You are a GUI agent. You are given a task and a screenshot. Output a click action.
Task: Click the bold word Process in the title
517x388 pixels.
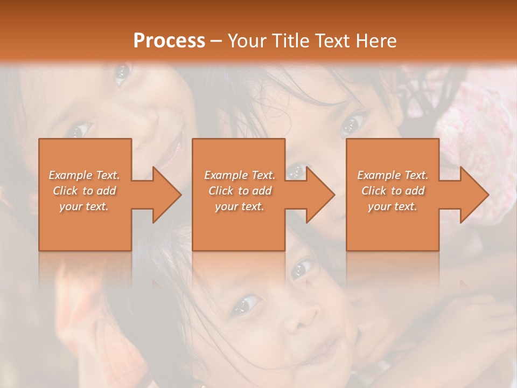(x=169, y=41)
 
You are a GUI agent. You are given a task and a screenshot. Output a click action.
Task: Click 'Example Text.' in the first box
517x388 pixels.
(x=84, y=175)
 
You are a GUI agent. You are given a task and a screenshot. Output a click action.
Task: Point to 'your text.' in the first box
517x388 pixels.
(x=84, y=206)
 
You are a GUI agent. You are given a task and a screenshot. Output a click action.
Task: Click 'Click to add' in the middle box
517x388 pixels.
(x=240, y=191)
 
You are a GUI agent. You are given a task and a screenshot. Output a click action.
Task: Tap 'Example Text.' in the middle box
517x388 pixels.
(x=240, y=175)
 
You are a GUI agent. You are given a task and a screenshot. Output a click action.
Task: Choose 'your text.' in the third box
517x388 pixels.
(x=393, y=206)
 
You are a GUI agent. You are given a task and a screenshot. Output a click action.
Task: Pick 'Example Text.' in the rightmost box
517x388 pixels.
(x=393, y=175)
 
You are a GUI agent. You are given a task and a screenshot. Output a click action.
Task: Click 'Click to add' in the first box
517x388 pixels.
(x=84, y=191)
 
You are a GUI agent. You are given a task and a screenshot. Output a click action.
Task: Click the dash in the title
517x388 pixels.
(x=216, y=41)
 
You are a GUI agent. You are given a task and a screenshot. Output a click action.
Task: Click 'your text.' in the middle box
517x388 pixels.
(x=240, y=206)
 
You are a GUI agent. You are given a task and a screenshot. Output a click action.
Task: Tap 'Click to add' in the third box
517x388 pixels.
(x=393, y=191)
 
